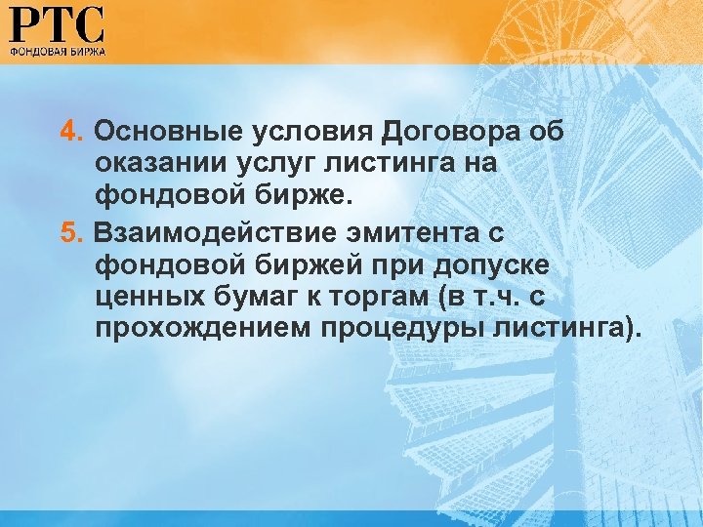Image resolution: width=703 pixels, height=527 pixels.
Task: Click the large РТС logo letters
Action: click(x=57, y=23)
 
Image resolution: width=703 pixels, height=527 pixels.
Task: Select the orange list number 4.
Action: click(x=70, y=132)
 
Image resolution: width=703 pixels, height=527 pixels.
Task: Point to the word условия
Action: click(x=308, y=132)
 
